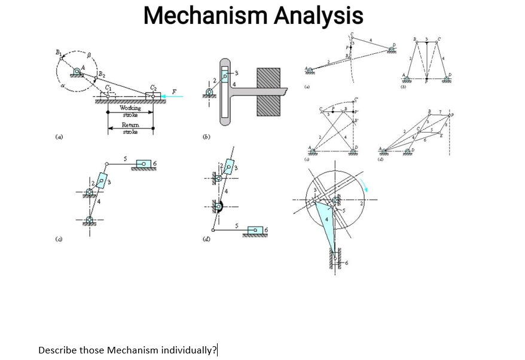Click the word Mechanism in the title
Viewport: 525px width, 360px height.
click(205, 16)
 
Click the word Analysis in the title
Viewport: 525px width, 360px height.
click(318, 16)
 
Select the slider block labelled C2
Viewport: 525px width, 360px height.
click(152, 96)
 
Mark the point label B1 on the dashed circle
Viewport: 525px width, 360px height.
click(59, 53)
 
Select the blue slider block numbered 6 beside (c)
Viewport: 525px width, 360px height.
click(145, 163)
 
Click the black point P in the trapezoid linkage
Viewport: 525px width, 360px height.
click(426, 77)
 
